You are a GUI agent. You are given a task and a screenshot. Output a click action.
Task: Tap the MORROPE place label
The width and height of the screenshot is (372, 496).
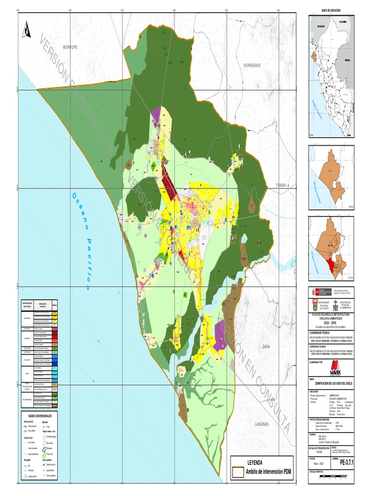(x=70, y=47)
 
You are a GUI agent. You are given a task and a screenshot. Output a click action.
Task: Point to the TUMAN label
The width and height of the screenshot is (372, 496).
(x=281, y=185)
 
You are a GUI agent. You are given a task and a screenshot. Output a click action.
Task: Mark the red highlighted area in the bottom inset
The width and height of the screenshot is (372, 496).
(x=331, y=264)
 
